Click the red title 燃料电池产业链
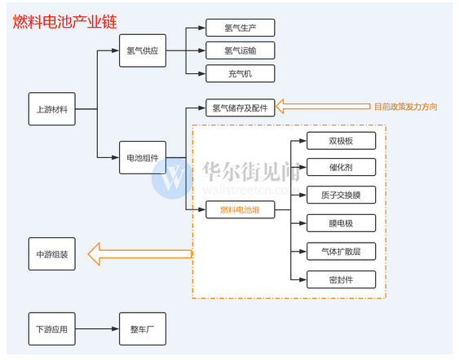tap(64, 22)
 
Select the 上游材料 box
tap(52, 109)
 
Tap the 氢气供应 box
tap(143, 50)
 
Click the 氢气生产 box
tap(241, 28)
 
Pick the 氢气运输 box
tap(241, 50)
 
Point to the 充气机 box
tap(241, 73)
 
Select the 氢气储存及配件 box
tap(241, 108)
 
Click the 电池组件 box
tap(143, 158)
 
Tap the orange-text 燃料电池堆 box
tap(241, 209)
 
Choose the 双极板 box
tap(341, 141)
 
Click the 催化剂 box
tap(341, 167)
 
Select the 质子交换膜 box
tap(341, 195)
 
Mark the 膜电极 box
tap(341, 223)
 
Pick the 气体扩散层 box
tap(341, 251)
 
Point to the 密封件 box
tap(341, 279)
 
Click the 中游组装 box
tap(52, 254)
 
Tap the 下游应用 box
tap(52, 329)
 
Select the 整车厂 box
tap(143, 329)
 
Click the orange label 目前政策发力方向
tap(406, 107)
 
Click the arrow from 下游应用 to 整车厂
tap(97, 329)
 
